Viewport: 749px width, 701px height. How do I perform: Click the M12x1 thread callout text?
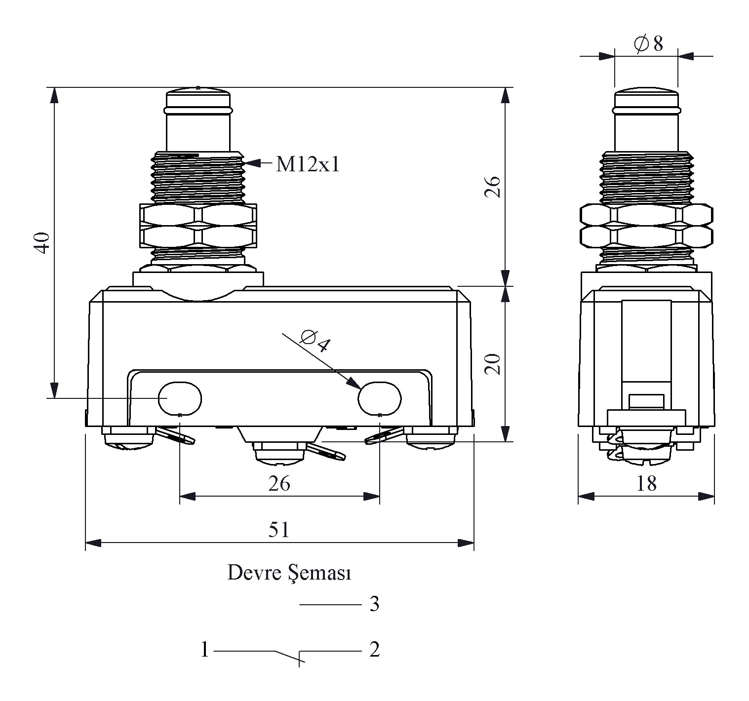308,164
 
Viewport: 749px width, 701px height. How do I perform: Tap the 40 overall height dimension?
43,242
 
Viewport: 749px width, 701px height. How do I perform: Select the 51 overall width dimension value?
279,530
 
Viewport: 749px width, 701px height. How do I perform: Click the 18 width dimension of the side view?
646,484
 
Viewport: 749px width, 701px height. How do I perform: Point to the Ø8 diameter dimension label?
648,44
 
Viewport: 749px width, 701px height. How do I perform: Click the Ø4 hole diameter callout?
315,340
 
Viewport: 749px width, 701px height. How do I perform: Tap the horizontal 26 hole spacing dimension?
279,484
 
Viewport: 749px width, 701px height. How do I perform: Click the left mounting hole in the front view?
180,398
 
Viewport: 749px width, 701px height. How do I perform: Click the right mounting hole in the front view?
379,398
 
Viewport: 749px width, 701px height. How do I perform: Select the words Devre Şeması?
289,574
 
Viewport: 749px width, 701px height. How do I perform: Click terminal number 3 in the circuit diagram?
374,604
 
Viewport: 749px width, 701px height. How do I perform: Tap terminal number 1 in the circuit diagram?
205,650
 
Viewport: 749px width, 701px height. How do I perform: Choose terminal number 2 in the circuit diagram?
374,650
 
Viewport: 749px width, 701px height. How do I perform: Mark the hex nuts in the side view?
646,226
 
